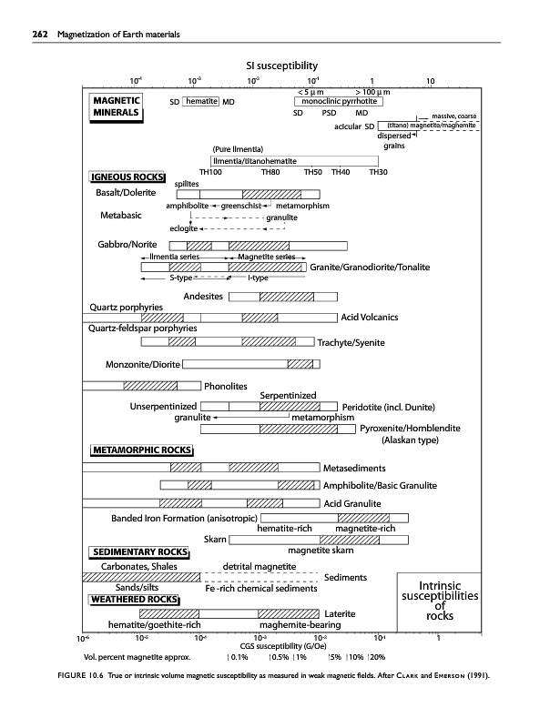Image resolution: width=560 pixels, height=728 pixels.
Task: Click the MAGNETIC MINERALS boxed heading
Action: [114, 106]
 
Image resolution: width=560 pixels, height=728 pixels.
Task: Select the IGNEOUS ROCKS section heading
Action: [126, 177]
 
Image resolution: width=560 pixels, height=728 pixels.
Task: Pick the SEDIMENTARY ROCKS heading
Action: [137, 552]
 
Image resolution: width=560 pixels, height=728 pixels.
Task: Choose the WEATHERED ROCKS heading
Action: [133, 600]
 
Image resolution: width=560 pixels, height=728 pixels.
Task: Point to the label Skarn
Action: [216, 540]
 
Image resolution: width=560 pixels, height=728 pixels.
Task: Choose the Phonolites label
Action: [227, 386]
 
